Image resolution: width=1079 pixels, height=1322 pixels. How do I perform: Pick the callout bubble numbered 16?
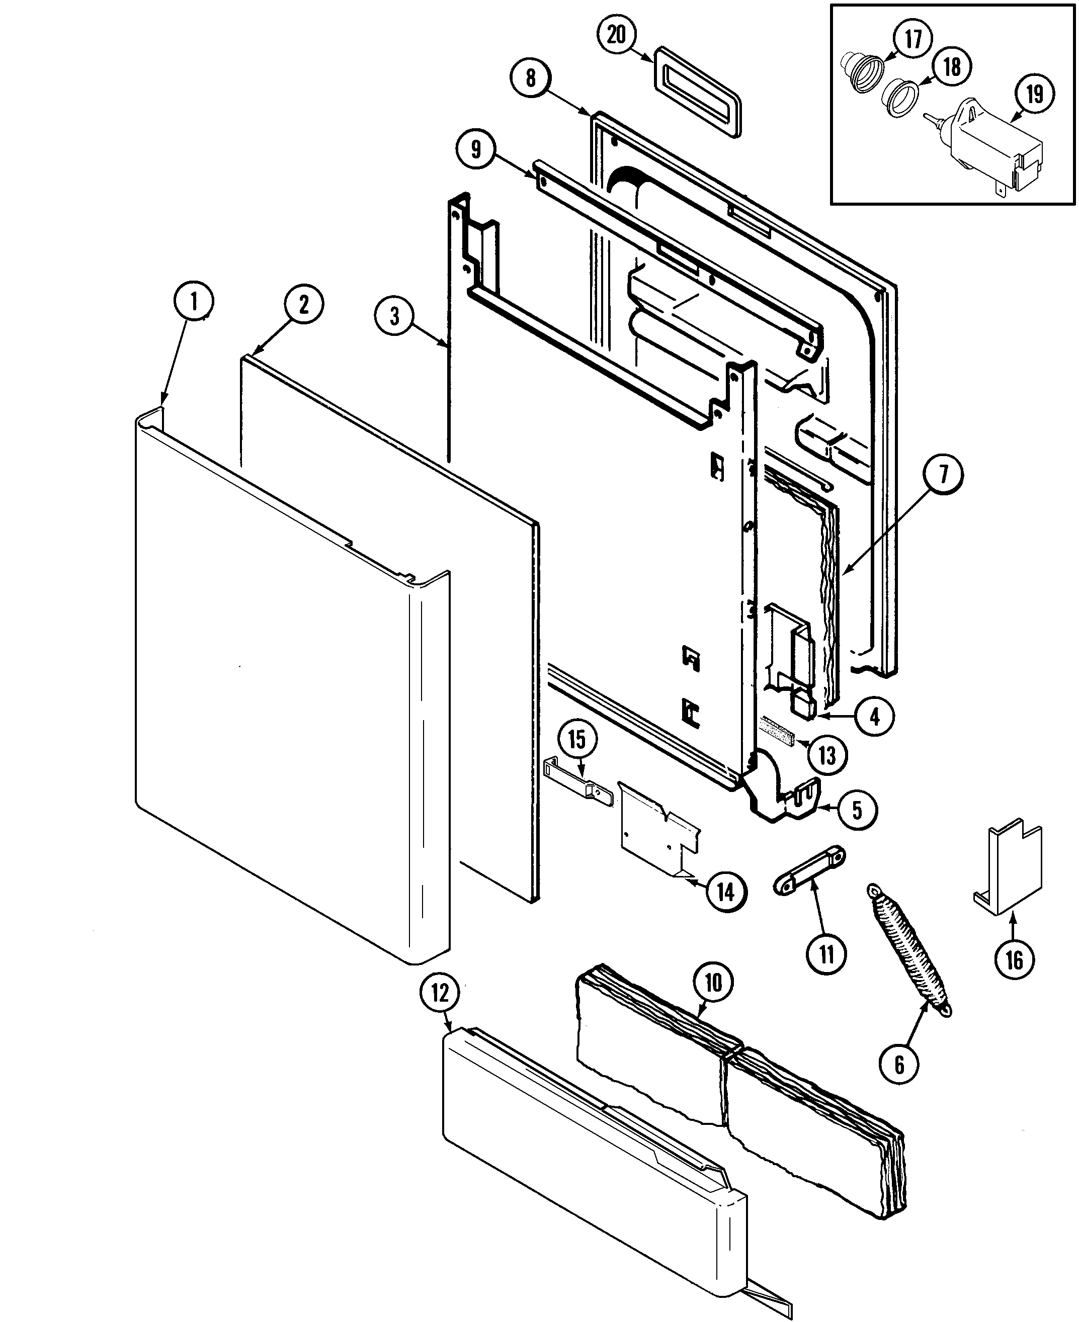click(x=1014, y=960)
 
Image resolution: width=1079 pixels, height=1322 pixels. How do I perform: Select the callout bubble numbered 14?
click(x=725, y=892)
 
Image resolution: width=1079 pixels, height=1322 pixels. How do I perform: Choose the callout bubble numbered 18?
click(x=952, y=66)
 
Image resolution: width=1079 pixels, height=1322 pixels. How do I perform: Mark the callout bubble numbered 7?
click(x=943, y=475)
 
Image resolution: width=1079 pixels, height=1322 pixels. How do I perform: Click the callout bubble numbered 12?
click(x=440, y=993)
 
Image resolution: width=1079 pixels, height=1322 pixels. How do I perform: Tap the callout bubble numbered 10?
click(x=713, y=982)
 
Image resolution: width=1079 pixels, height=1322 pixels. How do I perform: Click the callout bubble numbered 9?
click(x=475, y=149)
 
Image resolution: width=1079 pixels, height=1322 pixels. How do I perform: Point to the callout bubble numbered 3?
click(x=395, y=316)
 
